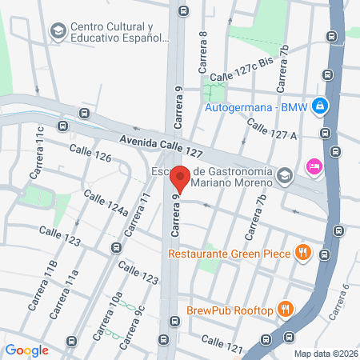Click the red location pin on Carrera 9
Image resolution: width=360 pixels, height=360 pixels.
click(x=180, y=179)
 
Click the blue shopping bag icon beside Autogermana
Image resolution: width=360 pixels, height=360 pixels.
click(x=319, y=105)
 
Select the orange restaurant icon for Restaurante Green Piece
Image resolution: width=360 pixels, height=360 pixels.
click(x=302, y=254)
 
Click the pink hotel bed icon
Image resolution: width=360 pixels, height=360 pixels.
click(x=313, y=167)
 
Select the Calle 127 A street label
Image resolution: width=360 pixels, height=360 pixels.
click(x=272, y=129)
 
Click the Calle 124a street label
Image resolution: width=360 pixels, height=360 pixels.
click(x=106, y=205)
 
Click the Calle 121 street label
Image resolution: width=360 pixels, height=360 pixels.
click(x=222, y=342)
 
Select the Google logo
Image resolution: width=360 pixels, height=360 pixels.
click(x=27, y=350)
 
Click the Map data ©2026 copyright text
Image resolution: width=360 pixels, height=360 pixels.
click(x=325, y=354)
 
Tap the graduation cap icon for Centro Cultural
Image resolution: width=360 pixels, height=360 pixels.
click(x=58, y=31)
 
